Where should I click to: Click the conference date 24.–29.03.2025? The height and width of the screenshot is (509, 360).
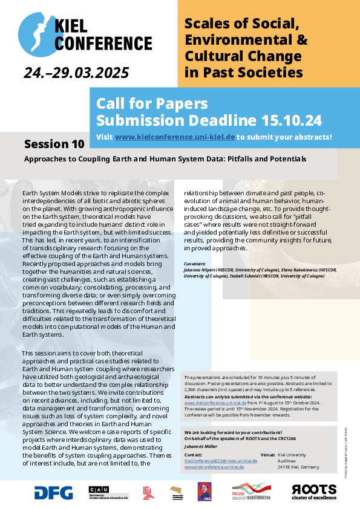pos(76,73)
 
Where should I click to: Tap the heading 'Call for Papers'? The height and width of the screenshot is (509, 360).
pos(152,103)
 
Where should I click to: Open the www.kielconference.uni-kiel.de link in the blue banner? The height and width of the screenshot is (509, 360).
pos(174,137)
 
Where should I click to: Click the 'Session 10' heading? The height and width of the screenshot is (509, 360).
pos(54,144)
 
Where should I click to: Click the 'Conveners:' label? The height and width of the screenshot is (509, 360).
pos(195,264)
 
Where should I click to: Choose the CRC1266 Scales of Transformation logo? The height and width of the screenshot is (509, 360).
pos(251,491)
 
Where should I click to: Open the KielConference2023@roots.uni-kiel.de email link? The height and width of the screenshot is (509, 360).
pos(221,460)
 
